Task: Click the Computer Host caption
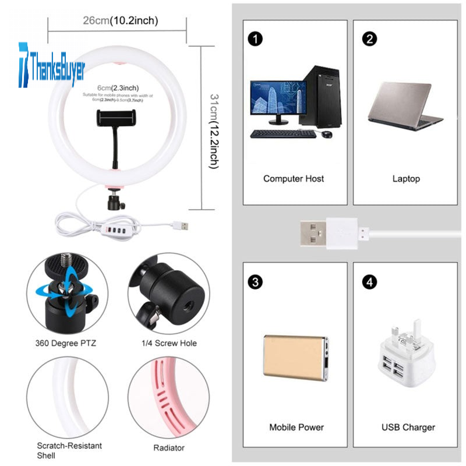(x=294, y=178)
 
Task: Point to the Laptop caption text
(x=406, y=178)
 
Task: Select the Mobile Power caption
(x=296, y=427)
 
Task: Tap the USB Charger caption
(x=408, y=427)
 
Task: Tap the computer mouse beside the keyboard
(x=327, y=134)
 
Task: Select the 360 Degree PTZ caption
(x=66, y=343)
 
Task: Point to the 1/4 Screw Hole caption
(x=170, y=343)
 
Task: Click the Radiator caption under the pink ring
(x=168, y=447)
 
